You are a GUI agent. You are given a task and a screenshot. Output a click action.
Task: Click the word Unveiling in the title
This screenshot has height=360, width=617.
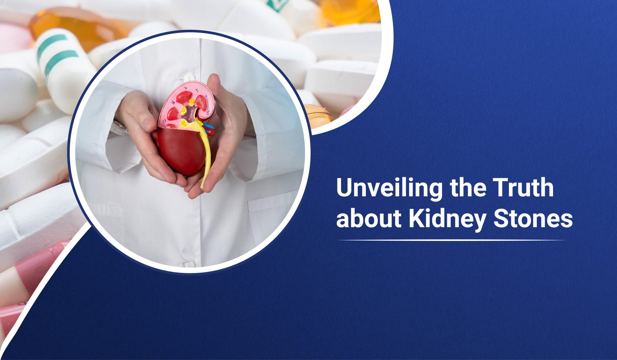click(x=389, y=188)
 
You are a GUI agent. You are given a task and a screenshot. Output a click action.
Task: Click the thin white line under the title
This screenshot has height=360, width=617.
click(x=451, y=240)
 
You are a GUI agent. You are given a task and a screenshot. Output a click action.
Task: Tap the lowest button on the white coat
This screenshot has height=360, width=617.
click(x=189, y=264)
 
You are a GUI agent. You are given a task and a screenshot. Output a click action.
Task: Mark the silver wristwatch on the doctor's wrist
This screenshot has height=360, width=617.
click(x=120, y=128)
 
